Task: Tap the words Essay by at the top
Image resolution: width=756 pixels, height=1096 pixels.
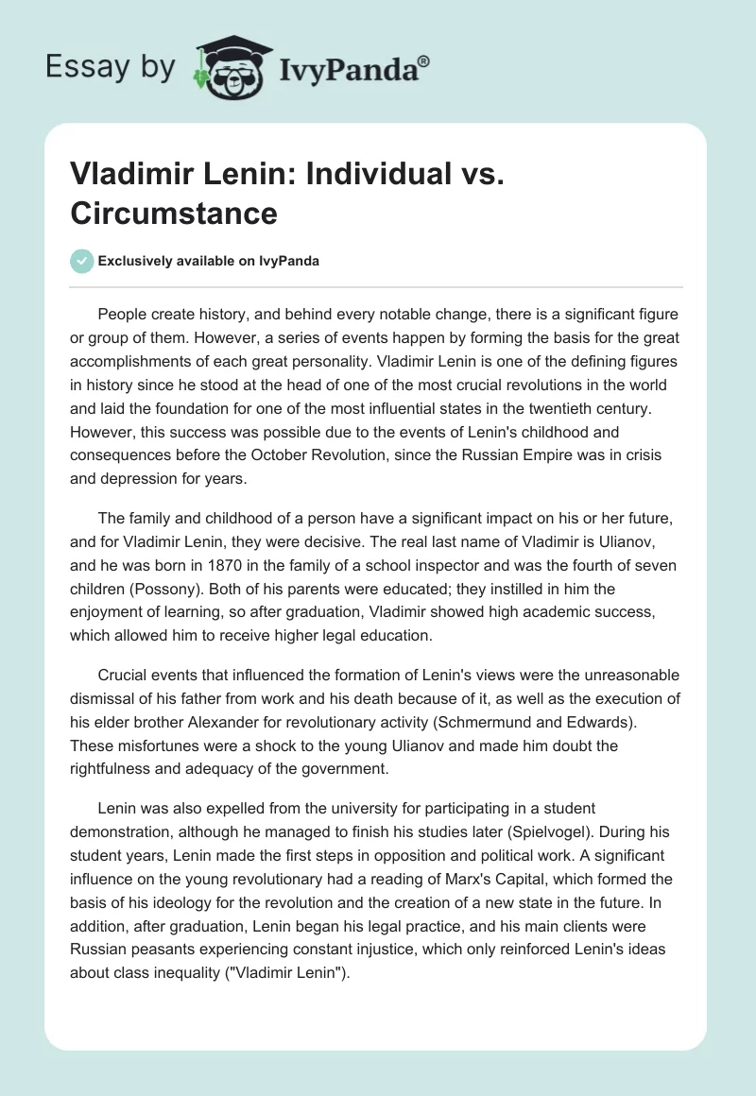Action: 111,67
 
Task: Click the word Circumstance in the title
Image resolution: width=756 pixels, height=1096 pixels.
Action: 173,214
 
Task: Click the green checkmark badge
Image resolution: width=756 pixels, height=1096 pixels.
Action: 81,261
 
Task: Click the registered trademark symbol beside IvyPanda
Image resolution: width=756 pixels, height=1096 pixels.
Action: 424,60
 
